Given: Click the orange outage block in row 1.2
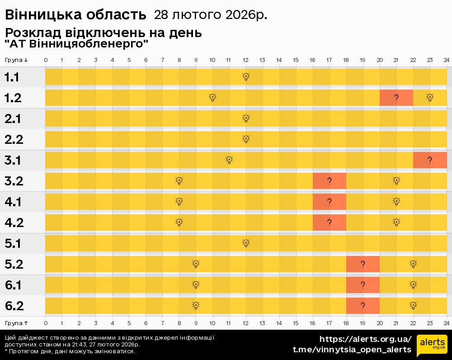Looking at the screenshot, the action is point(396,98).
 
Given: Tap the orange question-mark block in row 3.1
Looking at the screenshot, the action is point(430,160).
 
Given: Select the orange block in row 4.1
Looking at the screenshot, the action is point(330,202).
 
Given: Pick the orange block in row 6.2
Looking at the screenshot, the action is point(363,306).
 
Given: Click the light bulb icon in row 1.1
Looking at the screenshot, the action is point(246,76).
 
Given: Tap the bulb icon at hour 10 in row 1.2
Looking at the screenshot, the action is point(212,98).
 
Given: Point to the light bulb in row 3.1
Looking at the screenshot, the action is point(229,160).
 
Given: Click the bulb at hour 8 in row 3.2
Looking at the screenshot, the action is point(179,181).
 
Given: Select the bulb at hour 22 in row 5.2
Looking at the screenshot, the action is point(413,264).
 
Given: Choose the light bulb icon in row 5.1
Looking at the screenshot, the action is point(246,243).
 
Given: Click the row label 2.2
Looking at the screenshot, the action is point(14,140).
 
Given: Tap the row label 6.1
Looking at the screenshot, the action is point(13,285).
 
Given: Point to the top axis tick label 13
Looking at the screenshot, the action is point(262,60).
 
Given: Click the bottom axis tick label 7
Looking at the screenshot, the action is point(163,323).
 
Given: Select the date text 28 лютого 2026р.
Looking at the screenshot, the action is point(211,15).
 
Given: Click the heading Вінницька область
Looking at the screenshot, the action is point(76,15).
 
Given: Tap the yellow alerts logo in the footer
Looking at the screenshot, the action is point(432,345).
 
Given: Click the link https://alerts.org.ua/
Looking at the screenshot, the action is point(366,339).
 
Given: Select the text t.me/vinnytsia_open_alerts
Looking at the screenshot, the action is point(352,350).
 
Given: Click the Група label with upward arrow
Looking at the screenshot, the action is point(16,323).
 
